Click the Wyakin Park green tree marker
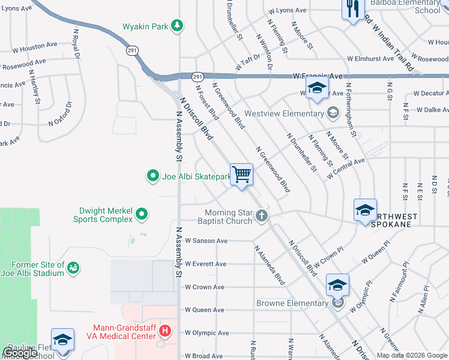[x=176, y=25]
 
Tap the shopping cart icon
[x=241, y=175]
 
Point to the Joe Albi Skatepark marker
[x=153, y=176]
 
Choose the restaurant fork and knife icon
[x=352, y=8]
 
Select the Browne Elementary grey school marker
[x=338, y=303]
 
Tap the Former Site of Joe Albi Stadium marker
[x=73, y=268]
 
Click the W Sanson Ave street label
[x=206, y=241]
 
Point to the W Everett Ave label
[x=206, y=264]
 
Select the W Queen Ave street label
[x=205, y=310]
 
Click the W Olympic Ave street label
[x=207, y=333]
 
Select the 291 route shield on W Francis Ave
[x=197, y=77]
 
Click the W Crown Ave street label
[x=205, y=287]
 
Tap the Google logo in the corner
[x=20, y=353]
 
